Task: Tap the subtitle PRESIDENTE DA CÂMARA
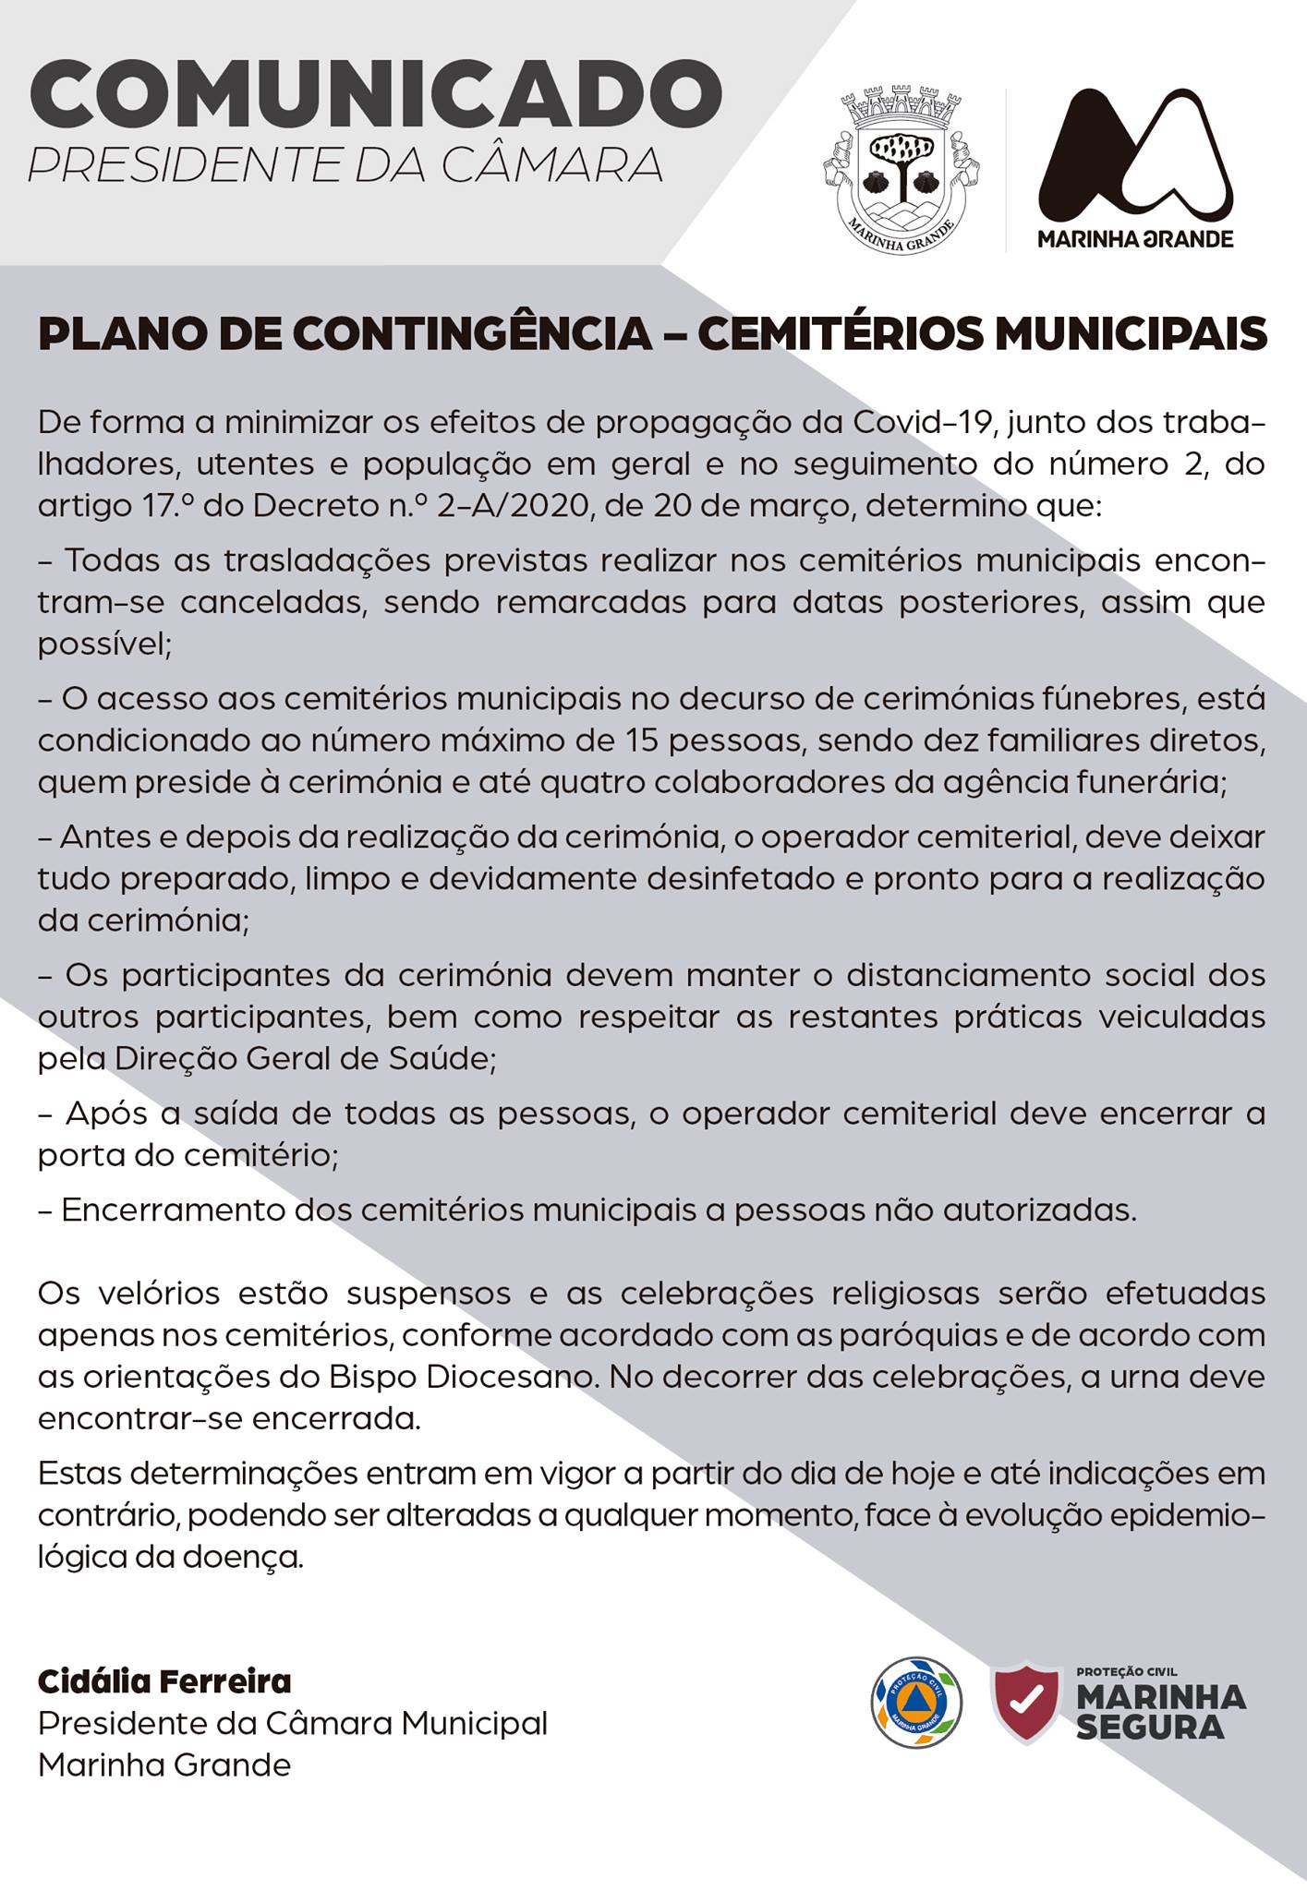[345, 164]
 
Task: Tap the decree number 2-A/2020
[514, 506]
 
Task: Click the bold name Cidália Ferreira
[164, 1681]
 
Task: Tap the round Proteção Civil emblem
[916, 1702]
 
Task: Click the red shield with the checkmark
[1024, 1702]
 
